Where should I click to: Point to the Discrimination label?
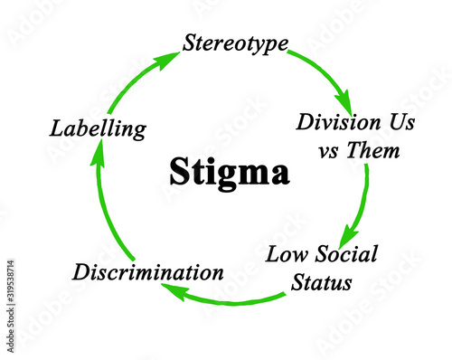[x=148, y=270]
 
